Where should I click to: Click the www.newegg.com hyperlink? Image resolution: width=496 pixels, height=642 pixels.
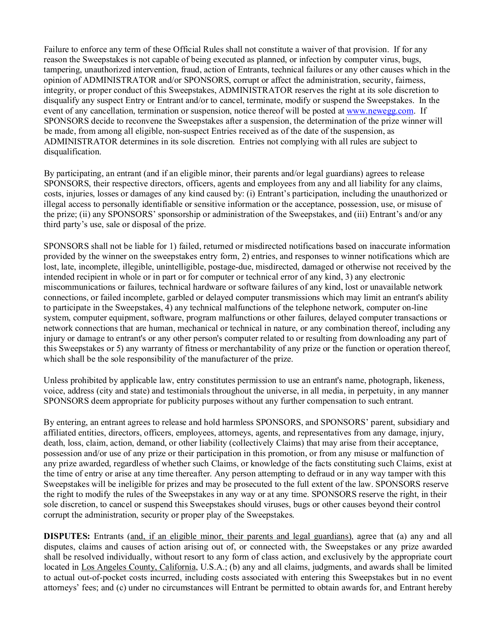tap(379, 111)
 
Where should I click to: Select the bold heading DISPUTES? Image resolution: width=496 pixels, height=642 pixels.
tap(67, 537)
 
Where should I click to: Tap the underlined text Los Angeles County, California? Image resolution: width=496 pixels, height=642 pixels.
tap(138, 567)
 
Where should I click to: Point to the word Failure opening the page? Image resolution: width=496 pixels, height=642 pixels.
tap(56, 49)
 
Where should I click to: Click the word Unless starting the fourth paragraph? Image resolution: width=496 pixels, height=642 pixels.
tap(55, 380)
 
